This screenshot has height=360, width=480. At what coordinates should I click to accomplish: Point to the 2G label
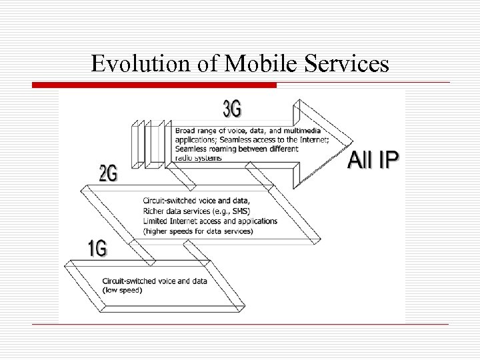coord(108,174)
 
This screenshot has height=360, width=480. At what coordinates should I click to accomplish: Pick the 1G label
coord(97,249)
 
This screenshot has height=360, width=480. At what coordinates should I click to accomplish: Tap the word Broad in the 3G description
coord(186,131)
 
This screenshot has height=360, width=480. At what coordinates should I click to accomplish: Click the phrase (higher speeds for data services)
coord(198,231)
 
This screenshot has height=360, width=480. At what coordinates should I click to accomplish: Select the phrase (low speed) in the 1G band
coord(122,290)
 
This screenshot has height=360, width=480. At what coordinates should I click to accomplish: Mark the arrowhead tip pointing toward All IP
coord(351,141)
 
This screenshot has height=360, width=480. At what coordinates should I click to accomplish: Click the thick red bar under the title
coord(153,85)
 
